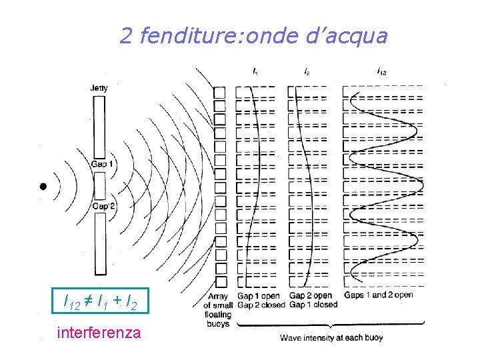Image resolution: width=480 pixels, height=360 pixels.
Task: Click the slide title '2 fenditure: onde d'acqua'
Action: click(x=253, y=36)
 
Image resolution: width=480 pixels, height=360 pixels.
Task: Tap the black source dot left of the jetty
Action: click(x=43, y=187)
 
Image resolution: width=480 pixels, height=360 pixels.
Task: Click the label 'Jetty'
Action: click(x=99, y=88)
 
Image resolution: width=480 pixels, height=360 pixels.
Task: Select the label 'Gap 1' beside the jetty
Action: click(x=99, y=165)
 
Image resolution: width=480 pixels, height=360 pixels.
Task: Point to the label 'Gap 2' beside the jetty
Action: click(x=99, y=207)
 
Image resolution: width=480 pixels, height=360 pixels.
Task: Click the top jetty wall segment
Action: click(x=99, y=127)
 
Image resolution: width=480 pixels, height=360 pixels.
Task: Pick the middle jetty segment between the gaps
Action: click(x=99, y=185)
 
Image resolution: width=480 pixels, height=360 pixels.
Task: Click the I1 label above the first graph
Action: click(x=256, y=70)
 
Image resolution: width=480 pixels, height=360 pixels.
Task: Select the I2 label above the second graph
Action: click(x=306, y=70)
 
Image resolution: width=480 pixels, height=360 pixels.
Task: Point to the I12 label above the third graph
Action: click(x=381, y=70)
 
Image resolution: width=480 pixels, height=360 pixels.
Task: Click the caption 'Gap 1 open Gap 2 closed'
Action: click(x=258, y=300)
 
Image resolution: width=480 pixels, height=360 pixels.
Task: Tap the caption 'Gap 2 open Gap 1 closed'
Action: click(x=313, y=300)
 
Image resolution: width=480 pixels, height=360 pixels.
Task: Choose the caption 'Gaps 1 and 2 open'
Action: click(x=378, y=295)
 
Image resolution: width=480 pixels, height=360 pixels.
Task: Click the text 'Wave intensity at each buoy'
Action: click(x=331, y=338)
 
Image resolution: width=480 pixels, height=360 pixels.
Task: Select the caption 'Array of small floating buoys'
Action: click(x=219, y=310)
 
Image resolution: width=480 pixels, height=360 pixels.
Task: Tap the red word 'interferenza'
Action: click(x=99, y=331)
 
